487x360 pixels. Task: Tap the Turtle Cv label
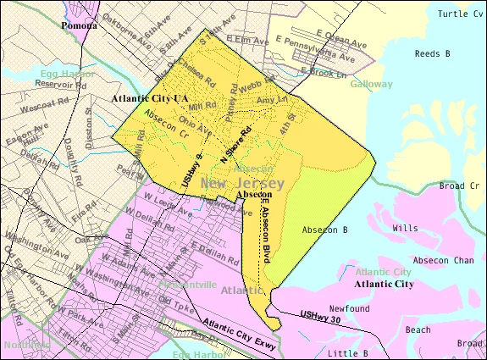pos(459,14)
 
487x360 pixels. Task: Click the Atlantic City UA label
pos(150,99)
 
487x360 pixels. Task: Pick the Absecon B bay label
pos(326,230)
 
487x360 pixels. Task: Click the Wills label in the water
pos(405,228)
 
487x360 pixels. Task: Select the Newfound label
pos(351,310)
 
